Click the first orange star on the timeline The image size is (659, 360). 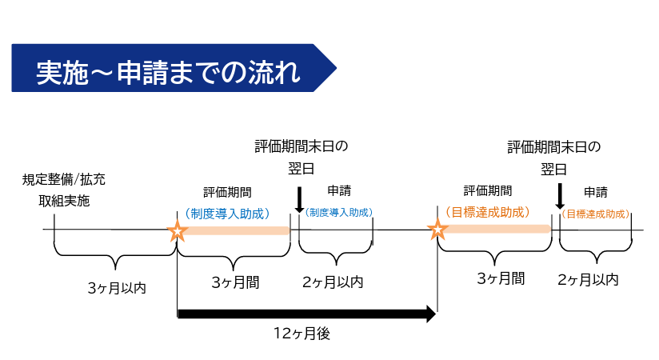click(x=178, y=231)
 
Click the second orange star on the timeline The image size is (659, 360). click(x=437, y=231)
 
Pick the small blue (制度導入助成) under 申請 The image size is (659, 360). click(x=339, y=213)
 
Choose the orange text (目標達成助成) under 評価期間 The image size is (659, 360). click(x=488, y=213)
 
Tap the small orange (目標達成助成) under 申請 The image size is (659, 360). click(x=594, y=214)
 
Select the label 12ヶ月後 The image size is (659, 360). click(x=302, y=334)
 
